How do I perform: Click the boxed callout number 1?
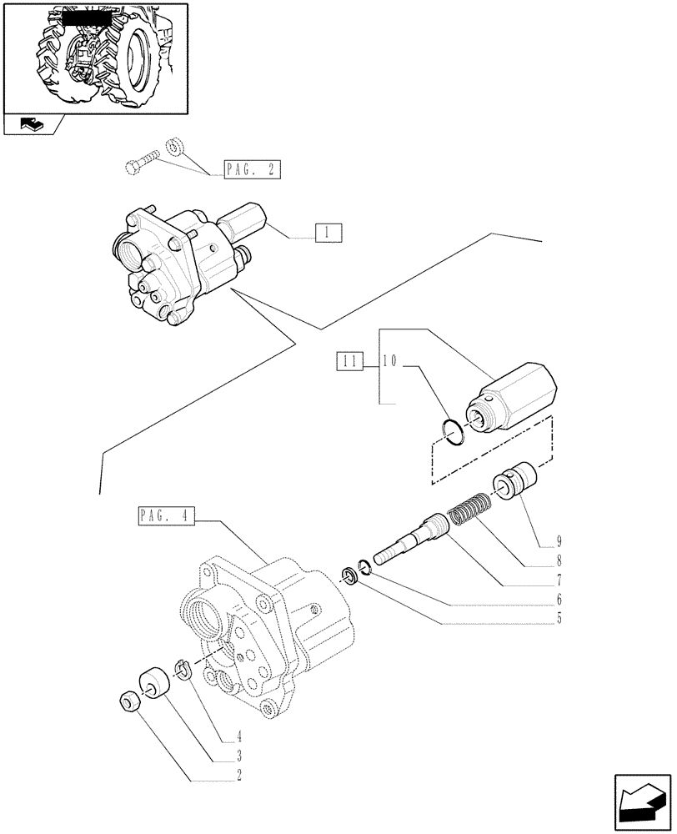[x=328, y=233]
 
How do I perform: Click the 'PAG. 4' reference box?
[x=163, y=518]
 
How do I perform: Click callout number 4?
[x=239, y=738]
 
